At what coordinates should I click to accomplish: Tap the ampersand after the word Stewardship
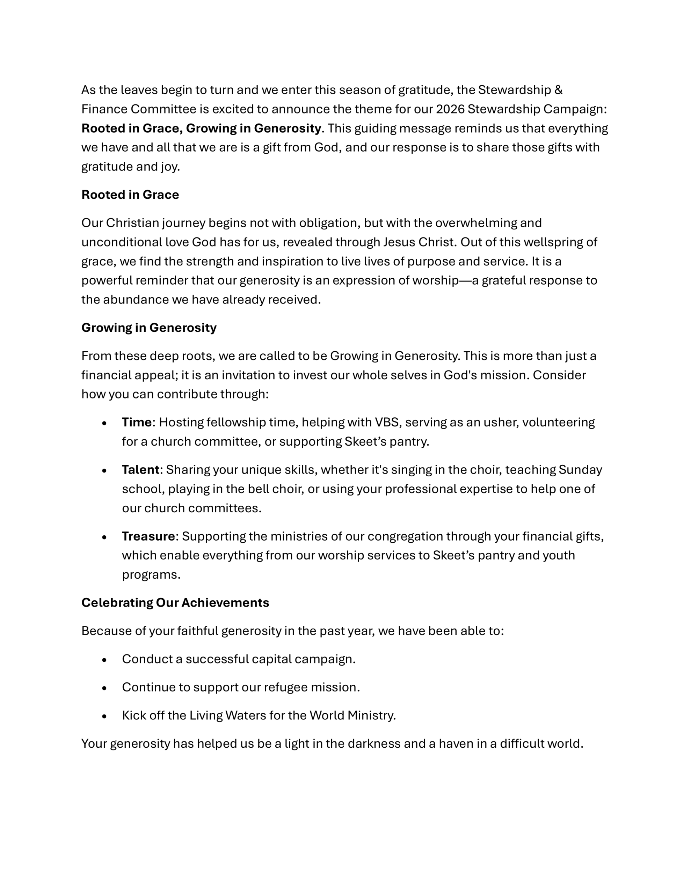pyautogui.click(x=558, y=90)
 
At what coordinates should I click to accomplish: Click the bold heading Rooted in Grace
pyautogui.click(x=130, y=195)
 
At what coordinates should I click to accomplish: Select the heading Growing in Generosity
pyautogui.click(x=149, y=328)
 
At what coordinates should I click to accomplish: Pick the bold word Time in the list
pyautogui.click(x=136, y=423)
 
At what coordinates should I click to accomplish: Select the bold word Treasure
pyautogui.click(x=148, y=537)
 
